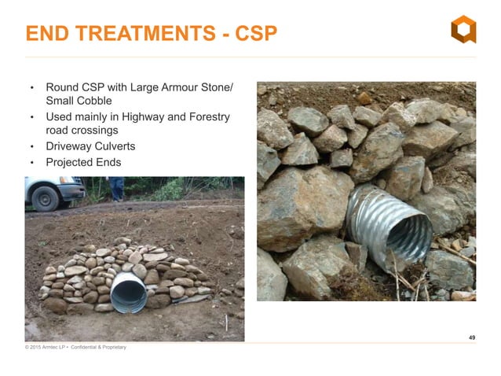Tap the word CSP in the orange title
pyautogui.click(x=254, y=34)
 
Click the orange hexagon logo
pyautogui.click(x=463, y=29)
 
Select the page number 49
pyautogui.click(x=471, y=337)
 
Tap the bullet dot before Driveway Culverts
pyautogui.click(x=31, y=148)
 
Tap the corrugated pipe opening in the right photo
pyautogui.click(x=409, y=234)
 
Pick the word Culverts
pyautogui.click(x=114, y=147)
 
